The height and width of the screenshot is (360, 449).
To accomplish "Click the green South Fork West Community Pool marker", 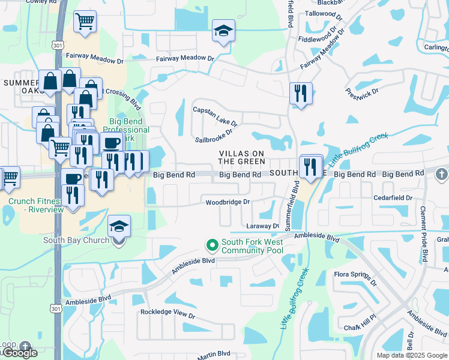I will pos(212,245).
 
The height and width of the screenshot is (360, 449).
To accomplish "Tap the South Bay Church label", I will pos(76,240).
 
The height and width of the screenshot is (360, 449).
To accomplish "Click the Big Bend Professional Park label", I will pos(126,130).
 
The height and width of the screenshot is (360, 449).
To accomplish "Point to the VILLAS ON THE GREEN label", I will pos(241,157).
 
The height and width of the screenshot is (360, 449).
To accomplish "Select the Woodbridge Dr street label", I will pos(227,202).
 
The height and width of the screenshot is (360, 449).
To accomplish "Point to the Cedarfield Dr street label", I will pos(393,197).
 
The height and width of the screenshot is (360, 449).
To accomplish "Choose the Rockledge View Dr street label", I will pos(167,313).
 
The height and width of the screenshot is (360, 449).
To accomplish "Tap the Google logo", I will pos(19,353).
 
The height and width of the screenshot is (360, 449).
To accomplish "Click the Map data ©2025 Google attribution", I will pos(411,355).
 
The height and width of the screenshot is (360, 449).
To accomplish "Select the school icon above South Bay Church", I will pos(119,226).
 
